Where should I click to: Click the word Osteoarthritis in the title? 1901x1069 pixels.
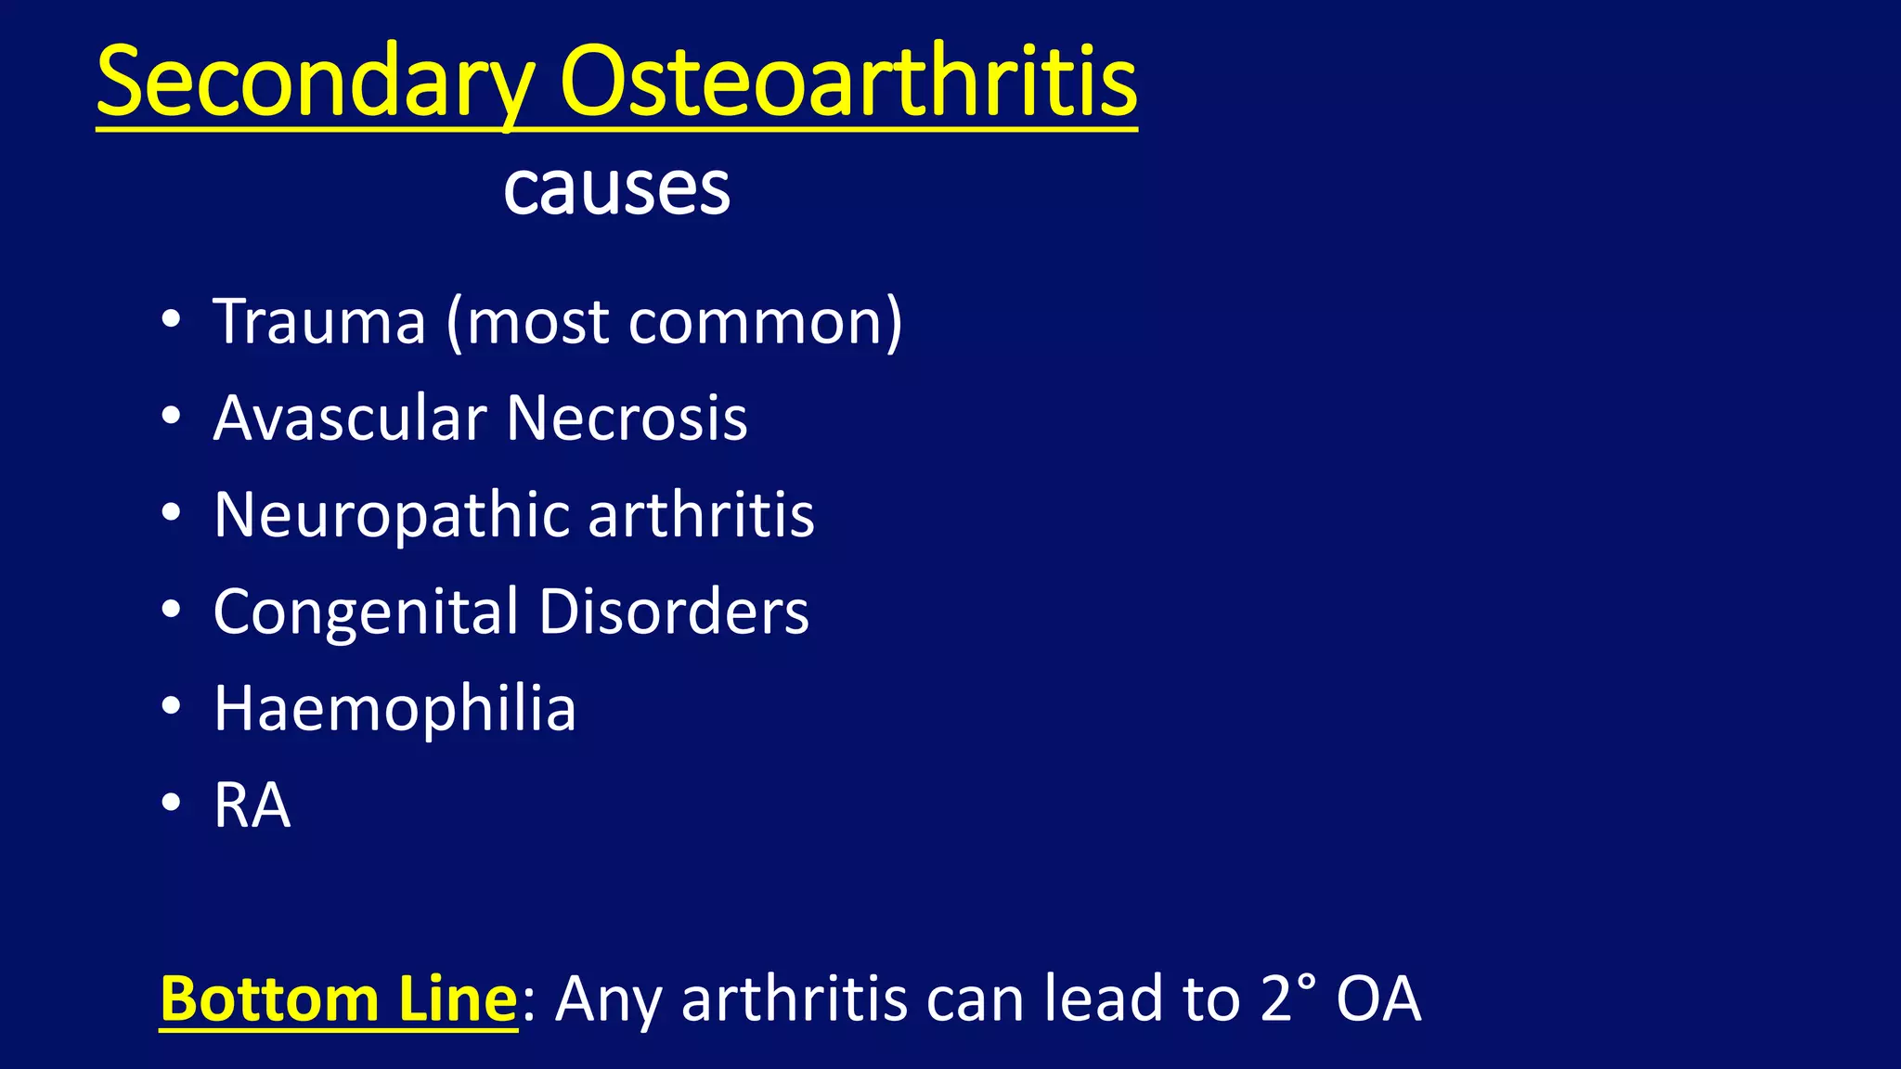click(x=847, y=84)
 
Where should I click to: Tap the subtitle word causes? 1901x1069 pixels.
click(x=616, y=190)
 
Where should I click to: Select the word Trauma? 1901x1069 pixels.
click(x=319, y=322)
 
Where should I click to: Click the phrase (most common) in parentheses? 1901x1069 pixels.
click(x=675, y=322)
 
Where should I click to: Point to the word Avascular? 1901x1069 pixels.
click(x=349, y=419)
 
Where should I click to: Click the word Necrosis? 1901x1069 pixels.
click(x=627, y=419)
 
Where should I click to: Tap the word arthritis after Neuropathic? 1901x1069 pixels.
click(x=701, y=515)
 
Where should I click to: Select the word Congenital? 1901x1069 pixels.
click(x=366, y=612)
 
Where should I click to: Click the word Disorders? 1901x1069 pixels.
click(x=674, y=612)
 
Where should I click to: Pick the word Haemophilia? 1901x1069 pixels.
click(x=394, y=709)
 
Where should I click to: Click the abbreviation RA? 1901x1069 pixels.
click(x=252, y=805)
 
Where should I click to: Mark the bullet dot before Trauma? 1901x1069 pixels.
click(x=171, y=319)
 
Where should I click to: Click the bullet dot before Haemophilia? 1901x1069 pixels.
click(x=171, y=706)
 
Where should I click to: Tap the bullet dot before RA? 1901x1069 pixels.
click(x=171, y=803)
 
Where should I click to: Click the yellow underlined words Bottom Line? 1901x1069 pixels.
click(x=338, y=999)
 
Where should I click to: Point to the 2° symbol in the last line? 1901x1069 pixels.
click(x=1289, y=998)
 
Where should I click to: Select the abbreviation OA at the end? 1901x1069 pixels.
click(x=1378, y=999)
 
